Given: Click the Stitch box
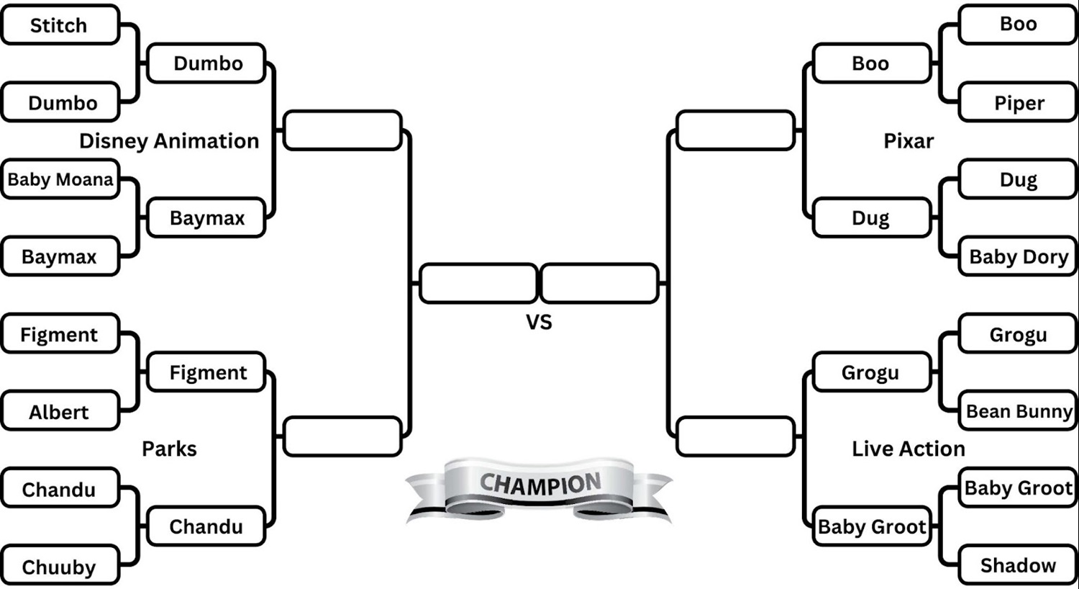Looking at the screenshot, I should pyautogui.click(x=60, y=25).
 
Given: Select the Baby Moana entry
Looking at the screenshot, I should pyautogui.click(x=60, y=179).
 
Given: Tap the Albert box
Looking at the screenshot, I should pyautogui.click(x=60, y=412).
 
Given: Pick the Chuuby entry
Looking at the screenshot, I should pyautogui.click(x=60, y=567).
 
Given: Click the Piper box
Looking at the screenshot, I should pyautogui.click(x=1019, y=103).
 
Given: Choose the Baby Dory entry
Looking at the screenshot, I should pyautogui.click(x=1019, y=257).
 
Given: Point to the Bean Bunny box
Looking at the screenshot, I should pyautogui.click(x=1019, y=411).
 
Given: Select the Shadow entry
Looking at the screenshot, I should pyautogui.click(x=1019, y=565).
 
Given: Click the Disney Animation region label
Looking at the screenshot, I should pyautogui.click(x=169, y=141).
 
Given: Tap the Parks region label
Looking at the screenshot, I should pyautogui.click(x=169, y=449).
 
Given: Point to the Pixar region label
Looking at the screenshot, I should pyautogui.click(x=909, y=141).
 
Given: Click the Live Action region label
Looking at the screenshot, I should pyautogui.click(x=909, y=449).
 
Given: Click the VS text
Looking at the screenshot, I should pyautogui.click(x=539, y=322).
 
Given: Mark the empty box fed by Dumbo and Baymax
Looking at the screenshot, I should pyautogui.click(x=342, y=130).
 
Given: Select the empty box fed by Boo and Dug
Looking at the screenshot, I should pyautogui.click(x=736, y=130).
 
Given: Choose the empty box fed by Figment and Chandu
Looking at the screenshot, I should pyautogui.click(x=342, y=436).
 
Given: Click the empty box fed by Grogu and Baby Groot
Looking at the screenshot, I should pyautogui.click(x=736, y=436).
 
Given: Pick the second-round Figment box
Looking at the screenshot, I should pyautogui.click(x=207, y=372).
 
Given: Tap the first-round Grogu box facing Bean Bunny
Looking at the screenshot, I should pyautogui.click(x=1019, y=334).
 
